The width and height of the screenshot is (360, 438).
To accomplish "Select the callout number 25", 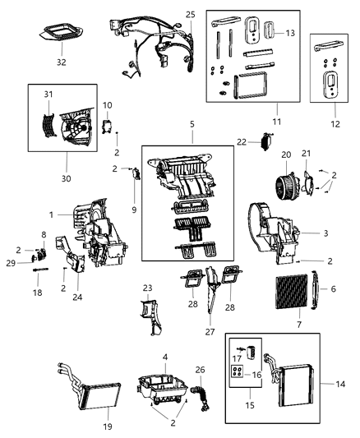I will coord(190,16).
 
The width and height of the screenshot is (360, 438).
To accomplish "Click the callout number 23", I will coord(148,288).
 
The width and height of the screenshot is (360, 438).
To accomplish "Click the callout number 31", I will coord(48,95).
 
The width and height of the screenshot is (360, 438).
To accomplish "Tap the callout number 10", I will coord(108,105).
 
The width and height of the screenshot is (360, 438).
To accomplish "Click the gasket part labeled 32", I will coord(60,35).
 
